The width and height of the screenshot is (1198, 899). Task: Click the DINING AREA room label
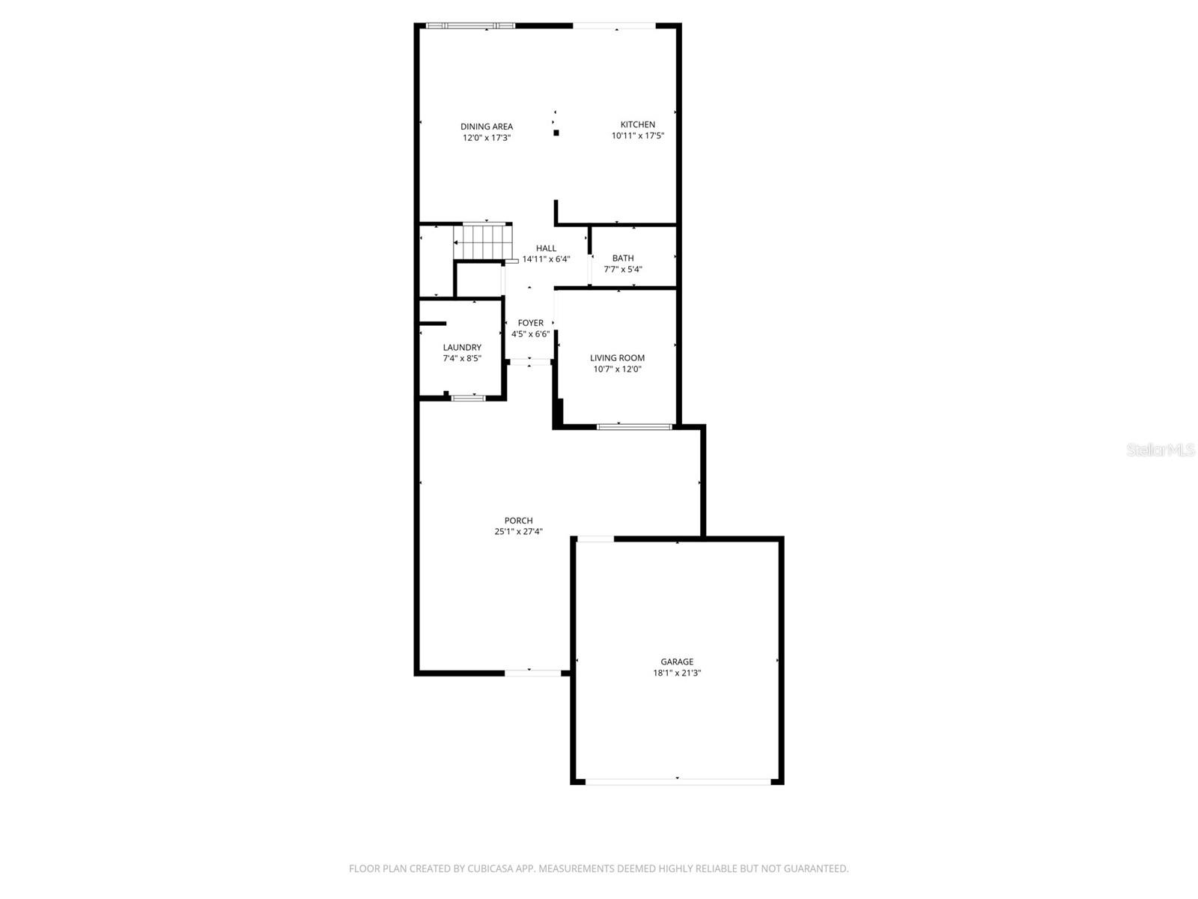487,127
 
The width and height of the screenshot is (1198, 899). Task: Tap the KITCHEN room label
638,124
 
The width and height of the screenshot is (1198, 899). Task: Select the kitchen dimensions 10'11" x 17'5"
638,136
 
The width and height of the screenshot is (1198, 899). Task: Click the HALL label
546,248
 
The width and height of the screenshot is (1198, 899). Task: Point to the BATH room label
623,258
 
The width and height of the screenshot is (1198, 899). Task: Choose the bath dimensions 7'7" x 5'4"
623,270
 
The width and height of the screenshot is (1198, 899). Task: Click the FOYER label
531,323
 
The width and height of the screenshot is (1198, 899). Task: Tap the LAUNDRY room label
462,347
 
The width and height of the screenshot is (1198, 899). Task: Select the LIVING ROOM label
617,358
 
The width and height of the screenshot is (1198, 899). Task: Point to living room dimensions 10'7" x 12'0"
617,369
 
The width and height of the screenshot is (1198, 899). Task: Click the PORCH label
518,521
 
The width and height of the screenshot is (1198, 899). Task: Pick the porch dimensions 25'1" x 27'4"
518,532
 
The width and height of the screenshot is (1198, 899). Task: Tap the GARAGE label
677,662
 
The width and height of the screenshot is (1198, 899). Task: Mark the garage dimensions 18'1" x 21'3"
677,673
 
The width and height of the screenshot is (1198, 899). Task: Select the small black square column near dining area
556,133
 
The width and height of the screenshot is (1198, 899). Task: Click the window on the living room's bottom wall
634,427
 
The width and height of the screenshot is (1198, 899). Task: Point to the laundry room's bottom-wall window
468,398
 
